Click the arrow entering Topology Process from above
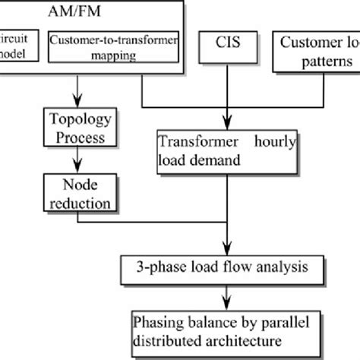click(77, 93)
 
